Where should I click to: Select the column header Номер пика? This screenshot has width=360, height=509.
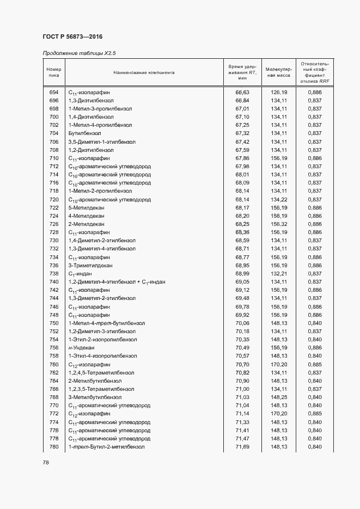point(54,72)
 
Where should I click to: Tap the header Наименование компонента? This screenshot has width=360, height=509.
point(144,72)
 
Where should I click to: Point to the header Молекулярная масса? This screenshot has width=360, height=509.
point(279,72)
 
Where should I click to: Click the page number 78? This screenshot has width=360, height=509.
point(46,463)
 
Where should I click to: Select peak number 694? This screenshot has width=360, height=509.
point(54,93)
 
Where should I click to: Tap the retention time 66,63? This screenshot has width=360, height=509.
point(242,93)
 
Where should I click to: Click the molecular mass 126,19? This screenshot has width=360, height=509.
point(279,93)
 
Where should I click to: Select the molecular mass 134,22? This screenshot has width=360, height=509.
point(279,199)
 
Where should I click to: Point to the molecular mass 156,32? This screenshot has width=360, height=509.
point(279,224)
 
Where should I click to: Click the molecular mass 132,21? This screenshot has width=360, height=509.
point(279,273)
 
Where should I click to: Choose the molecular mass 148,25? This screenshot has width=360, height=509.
point(279,397)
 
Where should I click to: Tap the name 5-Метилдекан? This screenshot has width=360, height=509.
point(87,207)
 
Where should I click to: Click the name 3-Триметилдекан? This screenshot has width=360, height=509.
point(90,265)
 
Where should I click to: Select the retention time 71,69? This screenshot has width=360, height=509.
point(242,446)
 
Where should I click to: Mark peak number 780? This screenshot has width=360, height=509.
point(54,446)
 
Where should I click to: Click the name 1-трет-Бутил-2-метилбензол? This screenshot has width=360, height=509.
point(106,446)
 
